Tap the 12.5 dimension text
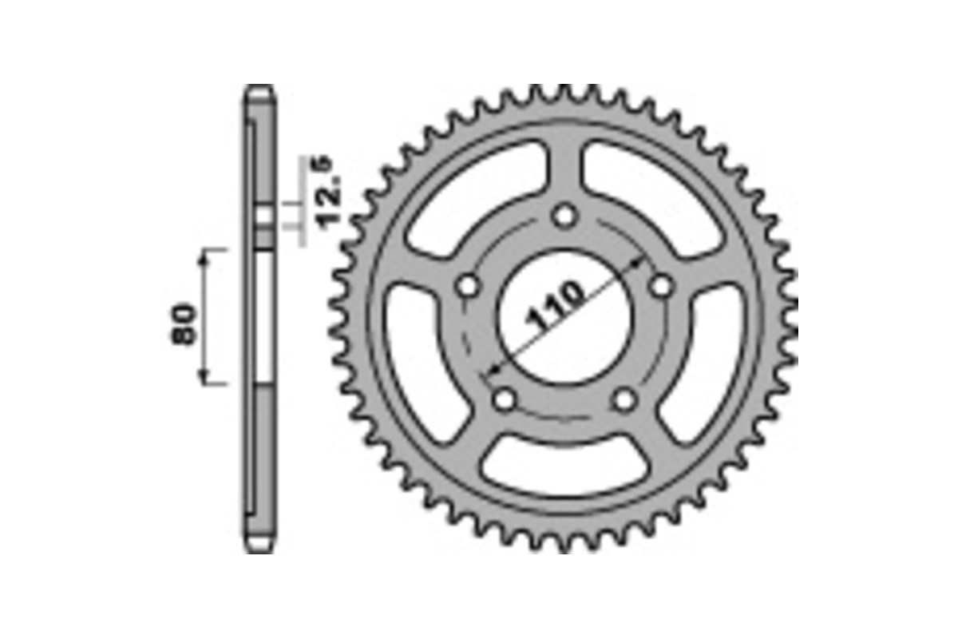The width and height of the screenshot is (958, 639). point(331,192)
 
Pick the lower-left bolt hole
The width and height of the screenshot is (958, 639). point(504,399)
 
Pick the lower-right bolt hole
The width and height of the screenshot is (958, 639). point(625,399)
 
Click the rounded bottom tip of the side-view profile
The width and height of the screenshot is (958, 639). point(259,547)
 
